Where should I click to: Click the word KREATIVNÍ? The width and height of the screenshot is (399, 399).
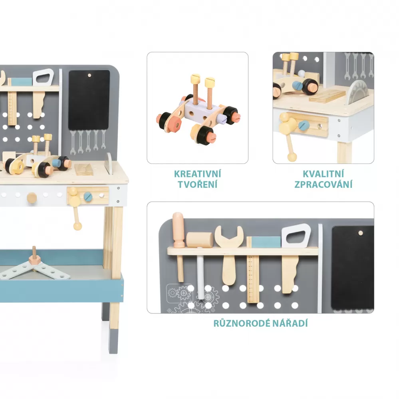click(197, 174)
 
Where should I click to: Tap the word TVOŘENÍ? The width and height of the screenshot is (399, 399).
click(197, 184)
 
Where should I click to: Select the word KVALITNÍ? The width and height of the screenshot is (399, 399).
click(323, 174)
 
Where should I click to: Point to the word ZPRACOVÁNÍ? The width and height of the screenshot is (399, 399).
click(323, 184)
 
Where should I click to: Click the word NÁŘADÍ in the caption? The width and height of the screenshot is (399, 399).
click(290, 323)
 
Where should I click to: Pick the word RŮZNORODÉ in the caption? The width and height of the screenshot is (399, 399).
click(242, 323)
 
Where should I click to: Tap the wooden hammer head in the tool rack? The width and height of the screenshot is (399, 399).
click(200, 240)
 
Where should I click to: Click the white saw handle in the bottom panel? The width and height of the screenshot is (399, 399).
click(296, 235)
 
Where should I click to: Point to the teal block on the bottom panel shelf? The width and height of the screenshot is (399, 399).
click(266, 242)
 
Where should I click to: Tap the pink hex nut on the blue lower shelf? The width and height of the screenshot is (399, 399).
click(35, 260)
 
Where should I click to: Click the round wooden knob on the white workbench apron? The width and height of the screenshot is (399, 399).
click(32, 198)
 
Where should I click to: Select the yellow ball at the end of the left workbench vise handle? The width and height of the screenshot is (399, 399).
click(77, 226)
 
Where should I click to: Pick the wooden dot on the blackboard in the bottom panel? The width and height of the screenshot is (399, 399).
click(361, 233)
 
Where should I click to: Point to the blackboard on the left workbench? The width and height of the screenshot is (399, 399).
click(89, 100)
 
